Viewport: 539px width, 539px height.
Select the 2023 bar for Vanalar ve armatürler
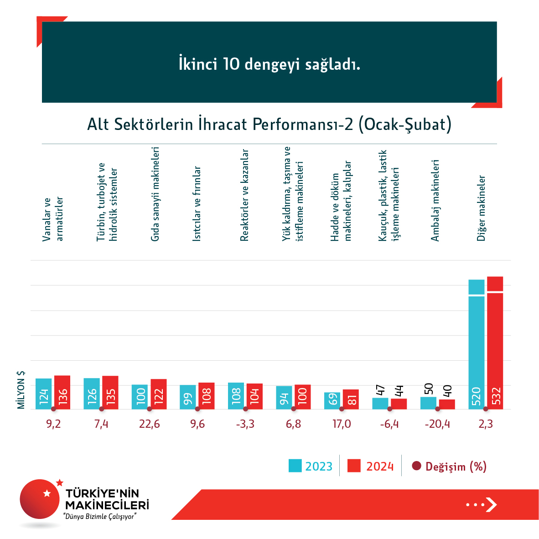click(44, 394)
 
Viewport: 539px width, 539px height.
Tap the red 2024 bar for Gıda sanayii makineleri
click(159, 394)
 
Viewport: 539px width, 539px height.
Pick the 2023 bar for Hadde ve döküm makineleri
click(332, 400)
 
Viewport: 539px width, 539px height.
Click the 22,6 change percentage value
click(150, 424)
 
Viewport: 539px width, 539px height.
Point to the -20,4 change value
click(437, 424)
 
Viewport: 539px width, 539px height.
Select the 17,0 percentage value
click(342, 424)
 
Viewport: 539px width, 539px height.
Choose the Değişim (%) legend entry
click(450, 466)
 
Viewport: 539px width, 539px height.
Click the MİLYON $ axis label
click(21, 390)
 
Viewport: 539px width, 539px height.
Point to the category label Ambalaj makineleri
click(435, 200)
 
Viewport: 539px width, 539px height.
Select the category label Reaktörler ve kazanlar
click(244, 195)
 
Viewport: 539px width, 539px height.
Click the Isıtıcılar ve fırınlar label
click(197, 203)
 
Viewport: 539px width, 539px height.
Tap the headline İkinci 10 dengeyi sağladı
click(269, 64)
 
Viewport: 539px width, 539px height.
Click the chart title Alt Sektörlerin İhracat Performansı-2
click(269, 124)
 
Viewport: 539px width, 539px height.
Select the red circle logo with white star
click(40, 499)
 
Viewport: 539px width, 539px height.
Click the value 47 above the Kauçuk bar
click(380, 390)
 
